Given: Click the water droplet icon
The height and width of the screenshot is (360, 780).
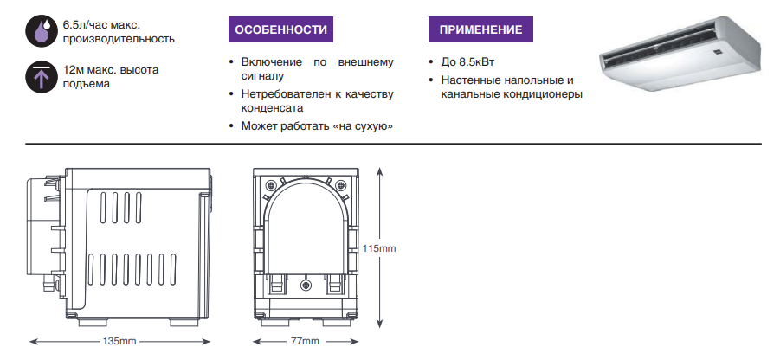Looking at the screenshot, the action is pyautogui.click(x=42, y=30).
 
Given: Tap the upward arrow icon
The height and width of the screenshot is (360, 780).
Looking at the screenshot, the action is pyautogui.click(x=42, y=76).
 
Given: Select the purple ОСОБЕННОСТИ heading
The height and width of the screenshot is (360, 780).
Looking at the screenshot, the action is pyautogui.click(x=280, y=29).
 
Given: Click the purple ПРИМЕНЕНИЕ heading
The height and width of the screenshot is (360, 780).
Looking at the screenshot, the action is pyautogui.click(x=480, y=29).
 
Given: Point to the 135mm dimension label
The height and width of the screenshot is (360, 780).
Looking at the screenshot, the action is pyautogui.click(x=119, y=341).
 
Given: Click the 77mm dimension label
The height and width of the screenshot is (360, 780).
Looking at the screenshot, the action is pyautogui.click(x=305, y=341).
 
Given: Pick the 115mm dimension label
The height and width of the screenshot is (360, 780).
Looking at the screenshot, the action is pyautogui.click(x=380, y=248).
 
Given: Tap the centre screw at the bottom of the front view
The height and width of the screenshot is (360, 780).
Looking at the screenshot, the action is pyautogui.click(x=306, y=284).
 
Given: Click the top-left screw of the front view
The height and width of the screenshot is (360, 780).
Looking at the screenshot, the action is pyautogui.click(x=271, y=184).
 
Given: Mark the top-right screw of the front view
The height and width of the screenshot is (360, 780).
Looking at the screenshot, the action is pyautogui.click(x=341, y=184).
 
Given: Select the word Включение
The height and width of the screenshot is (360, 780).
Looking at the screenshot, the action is pyautogui.click(x=272, y=62).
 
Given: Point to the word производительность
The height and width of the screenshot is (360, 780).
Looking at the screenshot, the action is pyautogui.click(x=119, y=39).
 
